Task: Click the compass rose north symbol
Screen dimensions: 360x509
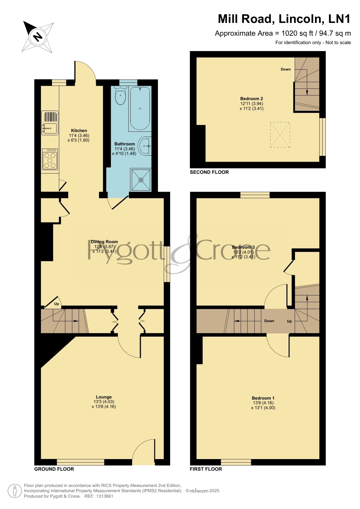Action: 38,37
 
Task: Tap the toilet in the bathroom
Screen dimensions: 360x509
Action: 120,95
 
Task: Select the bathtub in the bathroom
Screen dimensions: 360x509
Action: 140,108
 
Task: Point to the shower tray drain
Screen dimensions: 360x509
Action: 141,180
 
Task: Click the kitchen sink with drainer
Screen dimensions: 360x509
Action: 50,123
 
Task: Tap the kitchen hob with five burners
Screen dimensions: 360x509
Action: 50,159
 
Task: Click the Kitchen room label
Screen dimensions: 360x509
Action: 79,131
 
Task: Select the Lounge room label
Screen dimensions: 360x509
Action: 104,397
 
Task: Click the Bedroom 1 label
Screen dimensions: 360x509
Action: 263,398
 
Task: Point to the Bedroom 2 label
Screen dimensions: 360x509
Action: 252,99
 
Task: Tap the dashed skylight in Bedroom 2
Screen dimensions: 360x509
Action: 280,135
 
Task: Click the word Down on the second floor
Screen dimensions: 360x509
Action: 286,69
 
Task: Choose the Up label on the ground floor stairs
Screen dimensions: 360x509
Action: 57,304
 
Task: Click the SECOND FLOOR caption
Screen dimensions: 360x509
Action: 209,172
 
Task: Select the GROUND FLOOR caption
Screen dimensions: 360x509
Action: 54,469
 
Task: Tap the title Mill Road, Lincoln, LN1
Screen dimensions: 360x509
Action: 284,19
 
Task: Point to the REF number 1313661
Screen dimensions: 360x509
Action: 105,496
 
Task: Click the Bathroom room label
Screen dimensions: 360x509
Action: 125,144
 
